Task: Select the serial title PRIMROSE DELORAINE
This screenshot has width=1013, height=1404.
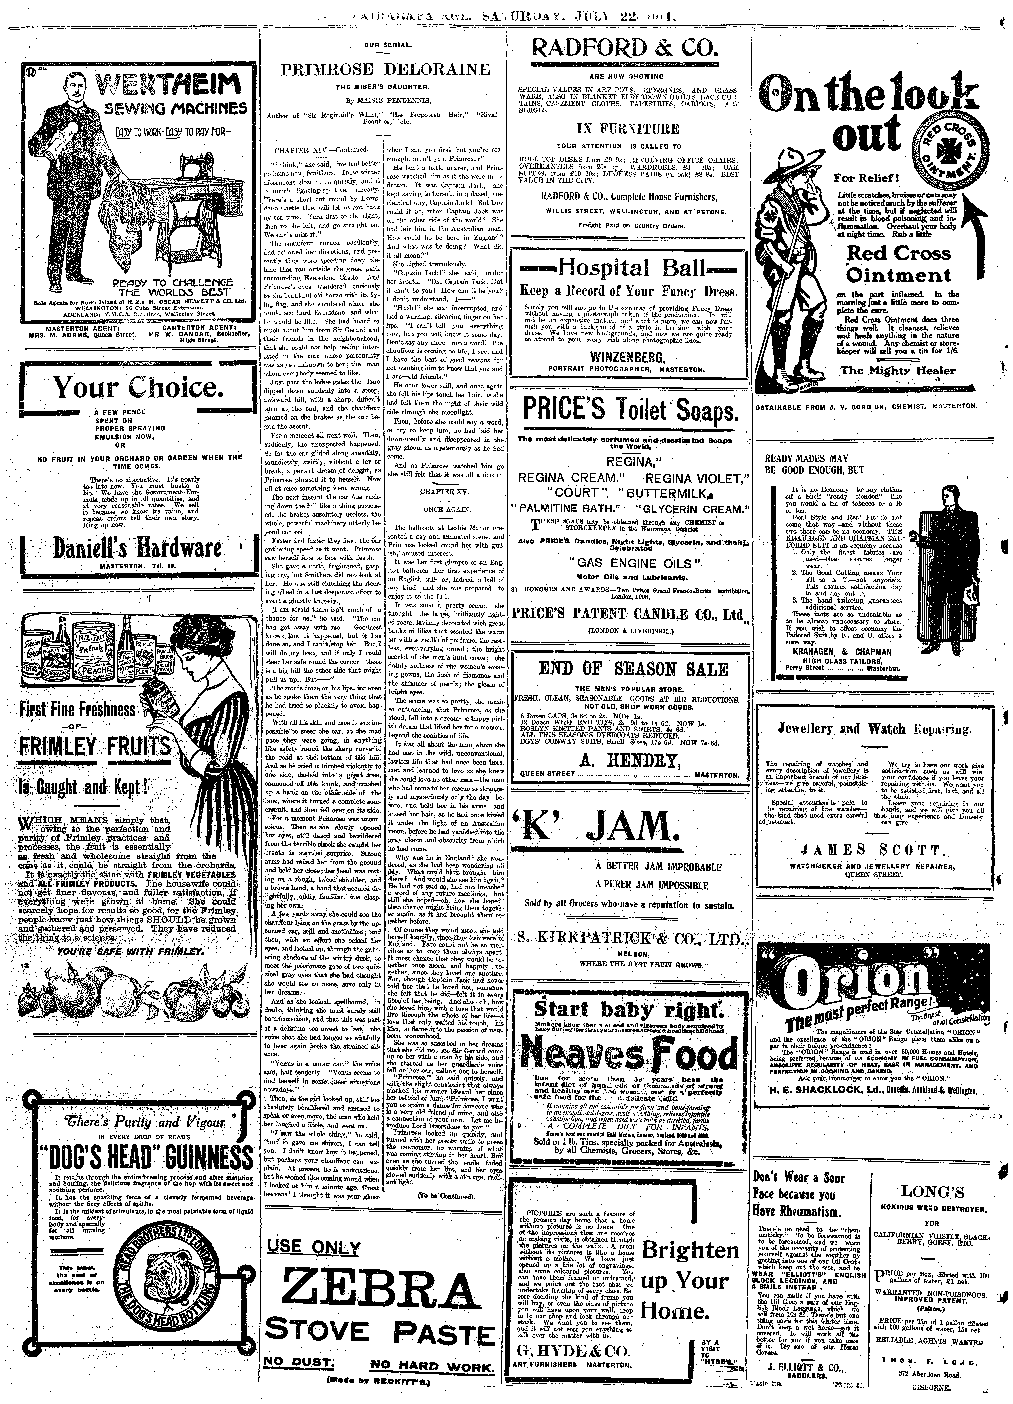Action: tap(385, 69)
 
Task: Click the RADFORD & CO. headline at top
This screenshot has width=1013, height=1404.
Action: tap(625, 48)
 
